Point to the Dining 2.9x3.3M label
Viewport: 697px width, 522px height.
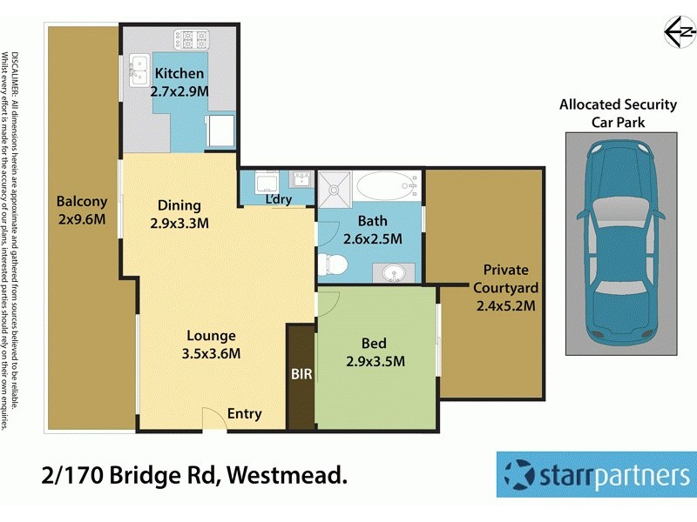[x=179, y=214]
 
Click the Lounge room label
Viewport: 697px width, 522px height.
[x=211, y=344]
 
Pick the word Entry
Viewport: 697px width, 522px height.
[x=244, y=414]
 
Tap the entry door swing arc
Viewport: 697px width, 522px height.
[x=213, y=418]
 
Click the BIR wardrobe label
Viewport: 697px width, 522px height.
[x=301, y=374]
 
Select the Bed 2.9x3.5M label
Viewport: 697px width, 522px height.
[x=375, y=351]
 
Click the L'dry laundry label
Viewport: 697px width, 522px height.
[x=279, y=199]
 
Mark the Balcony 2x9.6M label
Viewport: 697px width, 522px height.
[x=82, y=210]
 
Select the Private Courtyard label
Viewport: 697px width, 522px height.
[x=505, y=287]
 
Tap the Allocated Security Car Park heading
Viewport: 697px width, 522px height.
[x=618, y=113]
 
